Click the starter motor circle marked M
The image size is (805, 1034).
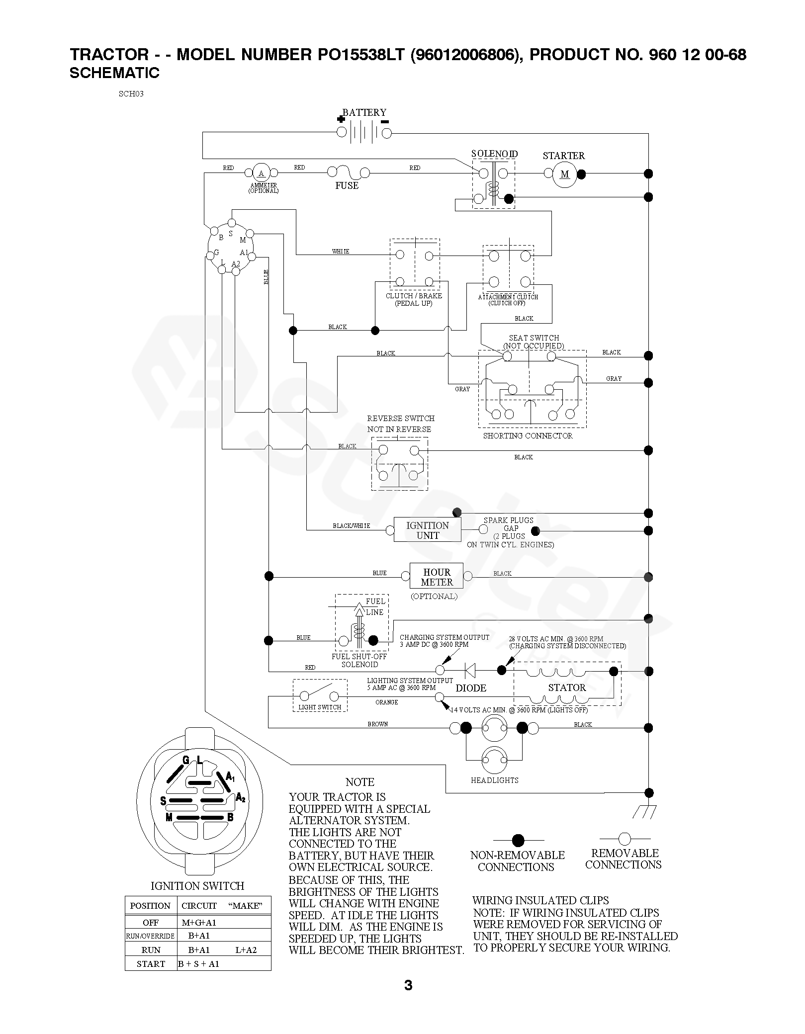tap(564, 174)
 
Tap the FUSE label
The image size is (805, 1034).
tap(347, 185)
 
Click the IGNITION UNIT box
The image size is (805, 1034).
tap(428, 530)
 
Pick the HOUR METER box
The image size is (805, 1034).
tap(437, 577)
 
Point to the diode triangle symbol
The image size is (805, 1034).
tap(469, 670)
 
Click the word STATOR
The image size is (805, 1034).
tap(567, 688)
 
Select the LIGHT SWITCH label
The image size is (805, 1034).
tap(320, 707)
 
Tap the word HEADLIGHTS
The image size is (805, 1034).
tap(495, 780)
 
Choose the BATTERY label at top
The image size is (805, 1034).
tap(364, 112)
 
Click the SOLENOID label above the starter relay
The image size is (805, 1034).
tap(494, 154)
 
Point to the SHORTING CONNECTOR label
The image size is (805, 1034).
tap(528, 435)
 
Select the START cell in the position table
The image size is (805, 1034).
tap(151, 964)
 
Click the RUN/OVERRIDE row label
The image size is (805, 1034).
tap(150, 936)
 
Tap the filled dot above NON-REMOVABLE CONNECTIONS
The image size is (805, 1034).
tap(518, 840)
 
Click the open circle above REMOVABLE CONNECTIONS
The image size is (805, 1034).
tap(625, 838)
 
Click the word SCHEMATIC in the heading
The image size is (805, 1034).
tap(114, 73)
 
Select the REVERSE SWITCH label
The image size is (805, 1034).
tap(401, 418)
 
